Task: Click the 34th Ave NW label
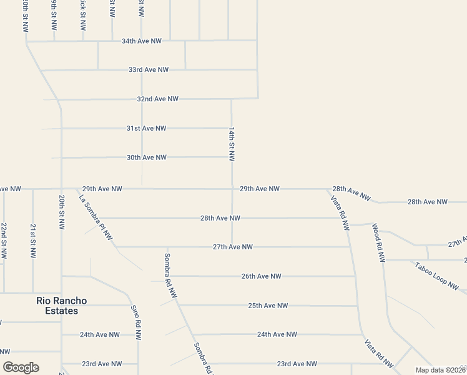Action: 142,41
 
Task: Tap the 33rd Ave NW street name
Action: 149,70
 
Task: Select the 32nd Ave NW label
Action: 158,99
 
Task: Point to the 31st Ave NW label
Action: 146,128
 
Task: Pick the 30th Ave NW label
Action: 146,157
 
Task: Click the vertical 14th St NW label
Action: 232,144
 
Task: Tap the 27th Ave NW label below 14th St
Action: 232,247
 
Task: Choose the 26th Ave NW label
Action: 261,276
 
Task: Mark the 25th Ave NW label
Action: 268,306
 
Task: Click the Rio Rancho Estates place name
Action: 61,306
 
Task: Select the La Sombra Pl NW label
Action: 95,217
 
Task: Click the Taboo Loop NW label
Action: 437,276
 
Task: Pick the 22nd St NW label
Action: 4,241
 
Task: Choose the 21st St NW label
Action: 32,241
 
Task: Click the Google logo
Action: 21,367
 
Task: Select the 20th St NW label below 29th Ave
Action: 62,212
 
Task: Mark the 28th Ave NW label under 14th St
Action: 220,218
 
